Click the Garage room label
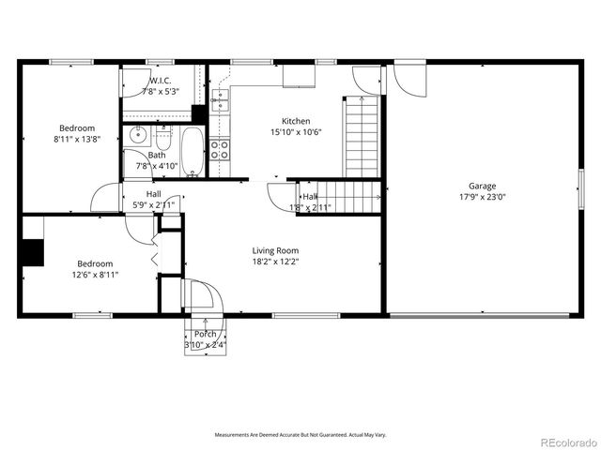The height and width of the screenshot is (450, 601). click(x=483, y=186)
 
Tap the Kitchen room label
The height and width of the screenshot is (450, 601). click(x=296, y=121)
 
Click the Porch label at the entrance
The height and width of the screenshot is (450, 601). click(x=205, y=334)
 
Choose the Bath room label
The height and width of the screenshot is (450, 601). click(x=157, y=156)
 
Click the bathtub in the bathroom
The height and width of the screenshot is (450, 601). click(x=192, y=152)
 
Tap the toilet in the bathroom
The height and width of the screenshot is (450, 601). click(x=163, y=139)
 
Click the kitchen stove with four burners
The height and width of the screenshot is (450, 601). click(x=220, y=146)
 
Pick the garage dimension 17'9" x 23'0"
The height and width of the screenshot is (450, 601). click(x=483, y=197)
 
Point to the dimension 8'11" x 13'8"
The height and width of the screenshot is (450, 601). click(x=77, y=139)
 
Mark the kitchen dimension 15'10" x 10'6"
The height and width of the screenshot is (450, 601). click(x=296, y=132)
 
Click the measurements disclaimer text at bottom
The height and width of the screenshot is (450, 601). click(x=300, y=435)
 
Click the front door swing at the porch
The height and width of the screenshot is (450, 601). click(x=201, y=297)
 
